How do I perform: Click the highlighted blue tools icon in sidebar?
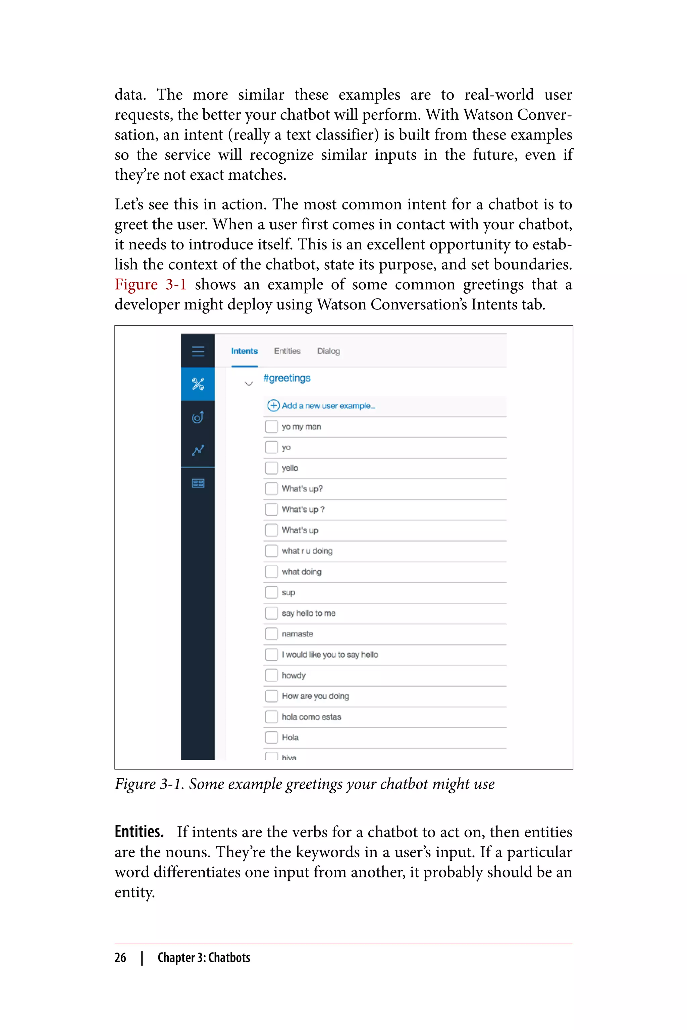coord(198,384)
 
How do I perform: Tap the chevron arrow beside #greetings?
coord(249,384)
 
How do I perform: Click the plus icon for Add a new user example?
coord(273,405)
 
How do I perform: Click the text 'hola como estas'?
coord(311,717)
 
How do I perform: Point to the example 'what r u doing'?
coord(307,551)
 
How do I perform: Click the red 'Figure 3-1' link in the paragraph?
coord(150,284)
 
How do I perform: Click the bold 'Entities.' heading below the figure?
coord(139,831)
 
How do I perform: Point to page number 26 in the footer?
coord(120,958)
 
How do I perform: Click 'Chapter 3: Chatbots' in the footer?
coord(204,958)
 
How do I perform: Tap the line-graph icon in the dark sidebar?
coord(198,450)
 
